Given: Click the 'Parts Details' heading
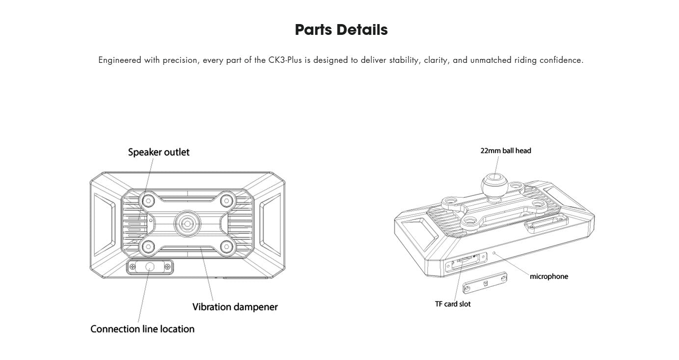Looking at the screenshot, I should [341, 30].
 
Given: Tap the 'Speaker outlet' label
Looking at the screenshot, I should [159, 152].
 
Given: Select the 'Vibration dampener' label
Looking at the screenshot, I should [235, 307].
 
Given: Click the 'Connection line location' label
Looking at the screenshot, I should [142, 329].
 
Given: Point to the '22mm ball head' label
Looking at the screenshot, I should [506, 151].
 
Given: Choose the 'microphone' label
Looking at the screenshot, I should [548, 277].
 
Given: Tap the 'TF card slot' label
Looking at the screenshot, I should [453, 304].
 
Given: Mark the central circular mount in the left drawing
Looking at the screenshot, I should [187, 223].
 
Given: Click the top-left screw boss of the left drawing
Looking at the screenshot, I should [147, 199].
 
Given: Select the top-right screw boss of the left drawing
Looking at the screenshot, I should [226, 199].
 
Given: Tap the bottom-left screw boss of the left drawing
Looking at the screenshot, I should [147, 247].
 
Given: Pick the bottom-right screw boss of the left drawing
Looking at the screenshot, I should [226, 247].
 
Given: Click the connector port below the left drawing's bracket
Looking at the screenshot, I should [150, 267].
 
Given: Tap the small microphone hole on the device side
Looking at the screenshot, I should [494, 254].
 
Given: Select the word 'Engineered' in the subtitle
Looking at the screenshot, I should [120, 60].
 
